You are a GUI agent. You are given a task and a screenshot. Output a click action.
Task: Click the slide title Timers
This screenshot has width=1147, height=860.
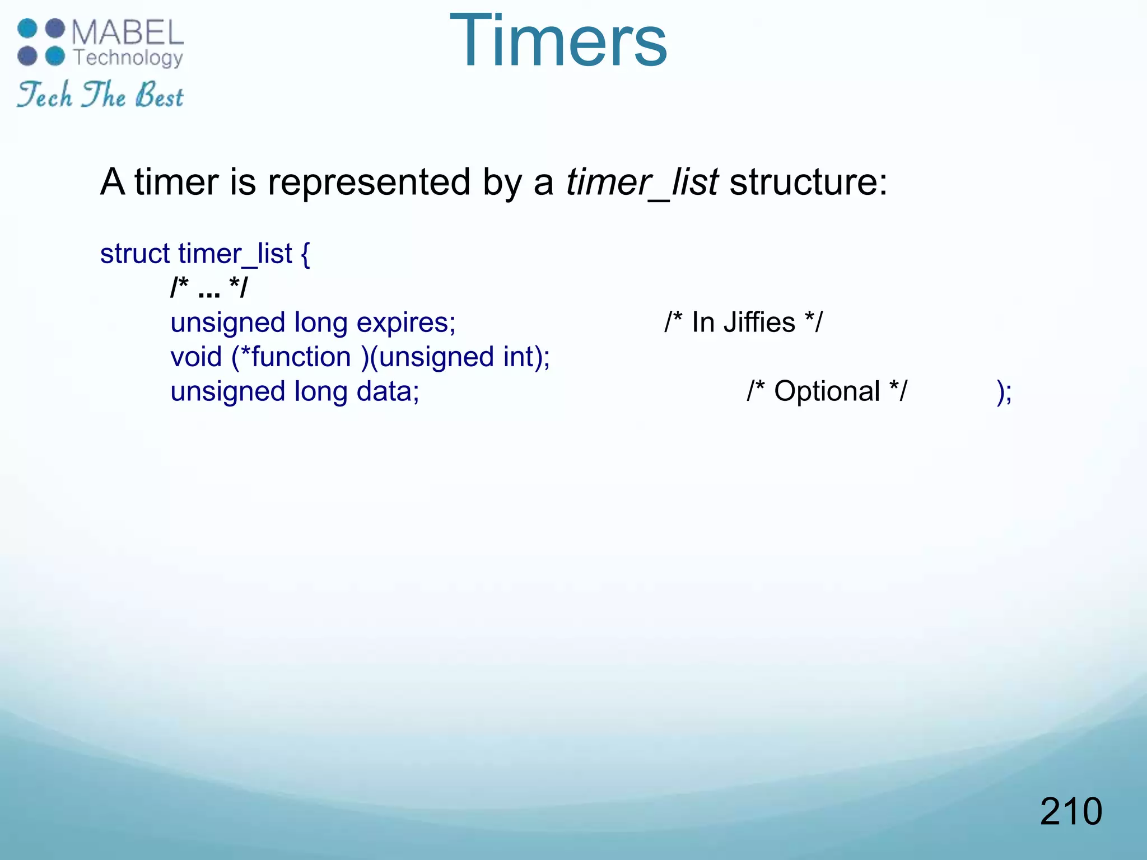(x=558, y=42)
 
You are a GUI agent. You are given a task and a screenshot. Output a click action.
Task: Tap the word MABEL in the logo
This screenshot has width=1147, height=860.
(x=128, y=32)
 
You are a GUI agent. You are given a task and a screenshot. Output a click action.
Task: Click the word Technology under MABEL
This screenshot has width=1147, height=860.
(x=128, y=58)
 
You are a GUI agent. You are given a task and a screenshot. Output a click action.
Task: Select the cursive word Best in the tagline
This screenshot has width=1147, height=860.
(x=160, y=95)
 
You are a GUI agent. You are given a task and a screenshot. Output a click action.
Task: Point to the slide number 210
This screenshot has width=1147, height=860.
(x=1070, y=811)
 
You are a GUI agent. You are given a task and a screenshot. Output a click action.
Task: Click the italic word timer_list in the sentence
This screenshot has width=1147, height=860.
(x=641, y=183)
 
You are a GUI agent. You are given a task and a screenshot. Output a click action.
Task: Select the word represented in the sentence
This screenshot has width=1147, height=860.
(x=369, y=183)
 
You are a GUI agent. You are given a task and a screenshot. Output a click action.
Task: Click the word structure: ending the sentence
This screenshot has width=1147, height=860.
(x=808, y=183)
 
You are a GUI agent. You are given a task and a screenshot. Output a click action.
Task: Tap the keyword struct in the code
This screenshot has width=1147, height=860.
(x=134, y=254)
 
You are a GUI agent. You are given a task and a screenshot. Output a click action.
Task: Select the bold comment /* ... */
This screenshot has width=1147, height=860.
(x=209, y=288)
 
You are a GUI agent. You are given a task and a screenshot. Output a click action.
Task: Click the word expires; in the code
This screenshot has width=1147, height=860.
(x=406, y=323)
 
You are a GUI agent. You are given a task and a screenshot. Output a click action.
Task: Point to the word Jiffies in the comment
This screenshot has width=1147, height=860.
(x=759, y=322)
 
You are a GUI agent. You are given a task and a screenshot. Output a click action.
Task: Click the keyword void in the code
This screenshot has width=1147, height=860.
(x=196, y=357)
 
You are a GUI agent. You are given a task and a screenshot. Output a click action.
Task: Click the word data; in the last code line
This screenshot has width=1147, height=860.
(x=388, y=391)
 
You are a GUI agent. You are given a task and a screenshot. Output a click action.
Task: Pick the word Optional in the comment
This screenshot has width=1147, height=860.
(x=827, y=391)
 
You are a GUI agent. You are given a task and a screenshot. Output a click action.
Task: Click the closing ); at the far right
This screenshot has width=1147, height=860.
(x=1004, y=392)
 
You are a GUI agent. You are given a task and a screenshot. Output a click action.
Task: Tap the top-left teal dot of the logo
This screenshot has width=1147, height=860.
(x=27, y=29)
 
